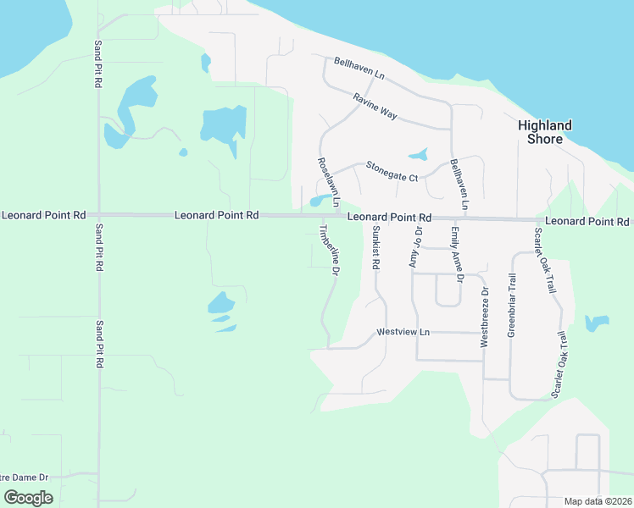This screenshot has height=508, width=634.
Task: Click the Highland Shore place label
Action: click(x=544, y=132)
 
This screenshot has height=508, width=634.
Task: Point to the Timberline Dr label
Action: click(x=329, y=250)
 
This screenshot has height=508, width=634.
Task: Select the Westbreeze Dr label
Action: click(x=485, y=317)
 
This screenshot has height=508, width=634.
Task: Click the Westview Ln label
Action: click(x=403, y=332)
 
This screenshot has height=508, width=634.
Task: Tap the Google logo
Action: click(x=28, y=498)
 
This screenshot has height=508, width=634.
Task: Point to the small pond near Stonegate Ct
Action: click(x=418, y=155)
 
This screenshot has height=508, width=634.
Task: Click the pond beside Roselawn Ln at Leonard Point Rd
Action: click(x=319, y=201)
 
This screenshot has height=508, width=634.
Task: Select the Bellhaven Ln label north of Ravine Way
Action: click(x=359, y=69)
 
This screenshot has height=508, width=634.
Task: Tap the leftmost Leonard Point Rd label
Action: click(x=43, y=216)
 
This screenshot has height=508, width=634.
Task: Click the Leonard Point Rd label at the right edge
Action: click(x=587, y=221)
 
